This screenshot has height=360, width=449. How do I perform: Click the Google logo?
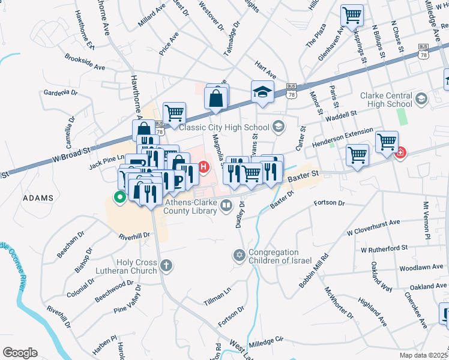[x=20, y=353]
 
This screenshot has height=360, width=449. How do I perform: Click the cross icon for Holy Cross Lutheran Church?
[x=166, y=265]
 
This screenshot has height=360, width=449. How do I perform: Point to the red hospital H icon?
[x=204, y=166]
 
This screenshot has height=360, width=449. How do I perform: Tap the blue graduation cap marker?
[x=262, y=92]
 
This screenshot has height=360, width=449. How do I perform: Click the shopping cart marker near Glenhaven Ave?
[x=352, y=15]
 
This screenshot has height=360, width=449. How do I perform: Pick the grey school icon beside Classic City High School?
[x=278, y=126]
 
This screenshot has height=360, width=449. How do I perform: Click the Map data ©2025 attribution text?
[x=424, y=355]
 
